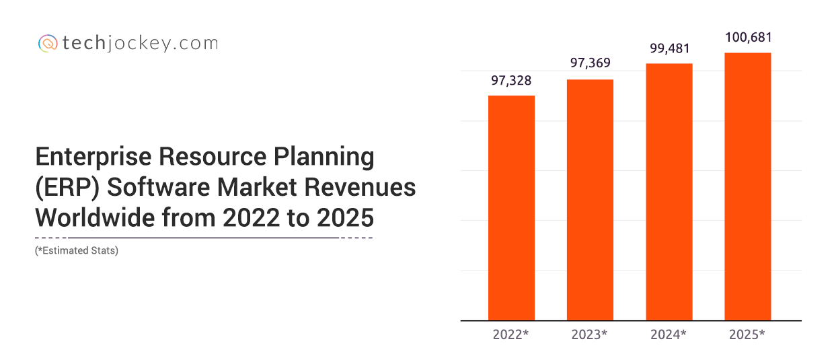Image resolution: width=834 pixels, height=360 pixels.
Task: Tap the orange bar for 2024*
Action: pyautogui.click(x=669, y=191)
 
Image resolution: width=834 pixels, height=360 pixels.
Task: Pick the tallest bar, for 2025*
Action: pyautogui.click(x=747, y=186)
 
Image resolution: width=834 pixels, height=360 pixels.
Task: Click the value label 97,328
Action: pyautogui.click(x=511, y=81)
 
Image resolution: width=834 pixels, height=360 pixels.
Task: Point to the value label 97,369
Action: pyautogui.click(x=590, y=65)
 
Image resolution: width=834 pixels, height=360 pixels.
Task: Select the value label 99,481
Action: pyautogui.click(x=669, y=48)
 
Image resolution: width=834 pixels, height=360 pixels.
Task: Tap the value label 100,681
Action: pyautogui.click(x=748, y=38)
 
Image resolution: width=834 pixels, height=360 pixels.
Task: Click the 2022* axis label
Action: pyautogui.click(x=511, y=334)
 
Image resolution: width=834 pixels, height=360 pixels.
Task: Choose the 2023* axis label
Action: pyautogui.click(x=590, y=334)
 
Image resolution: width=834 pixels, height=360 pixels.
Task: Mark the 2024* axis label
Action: pyautogui.click(x=669, y=334)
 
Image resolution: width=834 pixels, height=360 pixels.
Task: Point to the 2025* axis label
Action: pyautogui.click(x=747, y=334)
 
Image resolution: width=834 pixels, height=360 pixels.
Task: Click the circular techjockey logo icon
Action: pyautogui.click(x=47, y=44)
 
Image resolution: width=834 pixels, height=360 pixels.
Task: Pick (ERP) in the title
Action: pyautogui.click(x=67, y=188)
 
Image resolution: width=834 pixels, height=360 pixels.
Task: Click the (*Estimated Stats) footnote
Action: pyautogui.click(x=77, y=251)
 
